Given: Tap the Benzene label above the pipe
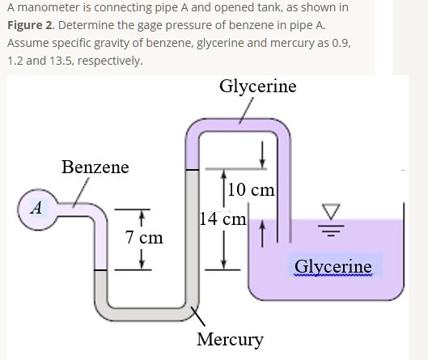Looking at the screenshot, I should tap(95, 167).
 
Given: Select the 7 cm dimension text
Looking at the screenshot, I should tap(145, 238).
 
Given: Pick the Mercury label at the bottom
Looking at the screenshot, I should tap(231, 339).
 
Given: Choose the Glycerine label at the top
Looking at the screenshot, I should tap(257, 86).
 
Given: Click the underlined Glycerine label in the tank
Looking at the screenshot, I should tap(333, 266).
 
